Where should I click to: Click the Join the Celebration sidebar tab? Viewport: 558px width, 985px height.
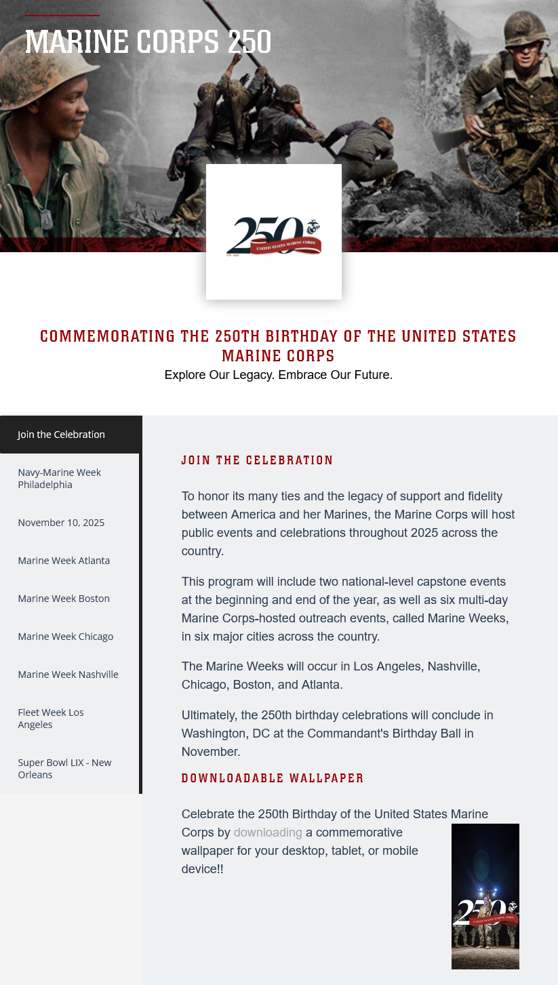click(x=62, y=435)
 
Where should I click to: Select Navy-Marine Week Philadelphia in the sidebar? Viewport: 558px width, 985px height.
click(x=60, y=479)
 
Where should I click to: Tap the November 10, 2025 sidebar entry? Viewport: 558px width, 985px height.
click(x=61, y=523)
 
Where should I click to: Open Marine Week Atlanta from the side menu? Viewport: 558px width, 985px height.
click(x=64, y=561)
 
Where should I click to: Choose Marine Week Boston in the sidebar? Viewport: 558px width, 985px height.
click(x=64, y=599)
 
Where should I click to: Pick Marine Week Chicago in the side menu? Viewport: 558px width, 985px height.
click(x=66, y=637)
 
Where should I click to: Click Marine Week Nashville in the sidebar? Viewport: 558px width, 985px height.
click(x=68, y=675)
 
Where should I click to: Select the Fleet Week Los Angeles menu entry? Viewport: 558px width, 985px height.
click(x=51, y=719)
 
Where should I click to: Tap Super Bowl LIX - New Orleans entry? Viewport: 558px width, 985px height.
click(x=64, y=769)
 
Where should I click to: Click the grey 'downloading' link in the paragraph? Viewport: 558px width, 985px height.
click(x=268, y=832)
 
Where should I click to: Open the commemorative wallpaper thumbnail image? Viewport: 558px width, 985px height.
click(x=485, y=896)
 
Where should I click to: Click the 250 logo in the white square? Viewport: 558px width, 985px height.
click(x=273, y=236)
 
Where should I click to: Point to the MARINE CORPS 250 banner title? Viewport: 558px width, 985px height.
click(x=148, y=42)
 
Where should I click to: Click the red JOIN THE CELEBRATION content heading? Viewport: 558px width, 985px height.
click(x=258, y=460)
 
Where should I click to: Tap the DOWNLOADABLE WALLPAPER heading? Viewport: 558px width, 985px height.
click(x=273, y=778)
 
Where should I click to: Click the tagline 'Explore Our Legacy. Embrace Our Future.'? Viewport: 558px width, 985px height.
click(x=279, y=375)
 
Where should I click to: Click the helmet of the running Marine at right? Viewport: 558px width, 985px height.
click(x=526, y=29)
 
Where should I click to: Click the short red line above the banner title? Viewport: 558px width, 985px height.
click(x=62, y=15)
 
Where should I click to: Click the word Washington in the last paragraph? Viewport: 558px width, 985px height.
click(x=211, y=733)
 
